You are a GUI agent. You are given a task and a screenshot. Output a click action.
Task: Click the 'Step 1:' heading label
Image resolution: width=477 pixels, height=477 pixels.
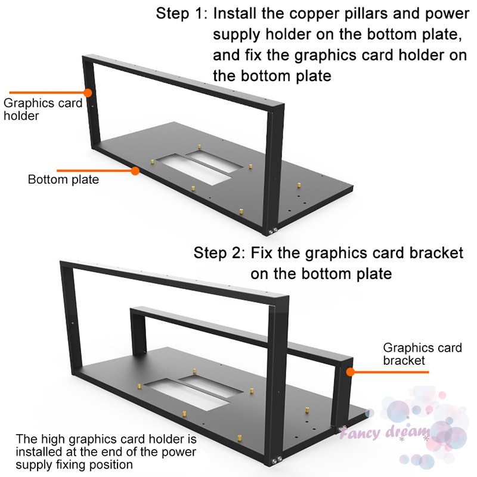coord(182,14)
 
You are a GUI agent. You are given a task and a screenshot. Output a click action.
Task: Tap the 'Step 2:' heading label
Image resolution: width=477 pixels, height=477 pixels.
coord(219,252)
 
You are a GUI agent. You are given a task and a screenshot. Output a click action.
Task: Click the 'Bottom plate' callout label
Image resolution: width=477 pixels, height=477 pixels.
coord(63,179)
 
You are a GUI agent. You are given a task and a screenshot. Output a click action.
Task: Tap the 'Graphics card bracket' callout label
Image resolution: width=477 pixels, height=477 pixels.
coord(412,354)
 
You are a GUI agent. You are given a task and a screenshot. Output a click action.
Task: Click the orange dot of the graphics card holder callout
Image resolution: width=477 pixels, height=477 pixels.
coord(88,92)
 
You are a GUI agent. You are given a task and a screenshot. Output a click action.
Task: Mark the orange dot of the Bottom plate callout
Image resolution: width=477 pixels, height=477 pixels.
coord(135,171)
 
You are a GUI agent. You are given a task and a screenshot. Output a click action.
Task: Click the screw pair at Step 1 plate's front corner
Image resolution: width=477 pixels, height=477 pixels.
coord(274,229)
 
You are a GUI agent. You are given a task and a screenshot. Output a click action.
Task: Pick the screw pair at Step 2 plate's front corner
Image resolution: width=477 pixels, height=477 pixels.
coord(277,459)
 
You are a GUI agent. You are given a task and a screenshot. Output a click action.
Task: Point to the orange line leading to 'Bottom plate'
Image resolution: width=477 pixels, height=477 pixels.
coord(95,171)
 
